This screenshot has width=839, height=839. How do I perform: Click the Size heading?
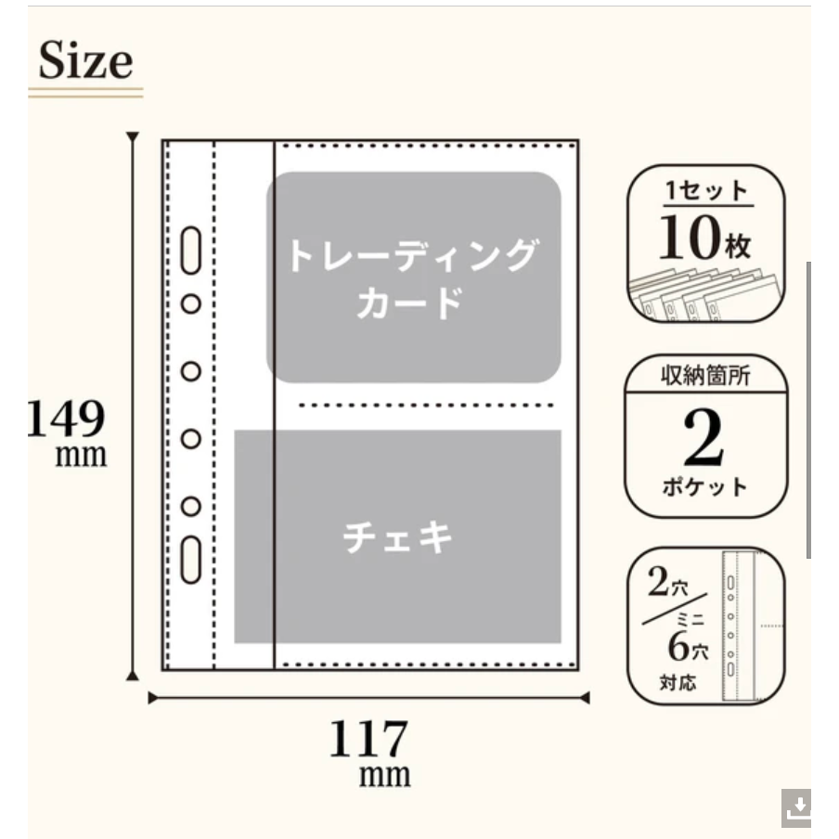pyautogui.click(x=85, y=60)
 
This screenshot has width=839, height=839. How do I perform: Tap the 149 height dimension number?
pyautogui.click(x=66, y=418)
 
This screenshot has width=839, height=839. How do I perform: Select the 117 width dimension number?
pyautogui.click(x=368, y=738)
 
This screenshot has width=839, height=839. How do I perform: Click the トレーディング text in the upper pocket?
pyautogui.click(x=412, y=255)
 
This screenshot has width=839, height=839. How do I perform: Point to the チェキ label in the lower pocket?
pyautogui.click(x=397, y=536)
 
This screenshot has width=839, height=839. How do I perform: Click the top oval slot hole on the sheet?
pyautogui.click(x=191, y=251)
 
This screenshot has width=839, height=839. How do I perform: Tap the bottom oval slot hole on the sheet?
pyautogui.click(x=191, y=560)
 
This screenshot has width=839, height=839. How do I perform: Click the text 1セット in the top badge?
pyautogui.click(x=706, y=191)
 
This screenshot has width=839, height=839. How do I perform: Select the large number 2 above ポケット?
pyautogui.click(x=703, y=438)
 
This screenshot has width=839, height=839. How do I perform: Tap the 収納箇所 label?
pyautogui.click(x=705, y=375)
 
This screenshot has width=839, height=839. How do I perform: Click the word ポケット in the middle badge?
pyautogui.click(x=704, y=486)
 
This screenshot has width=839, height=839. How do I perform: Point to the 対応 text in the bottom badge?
pyautogui.click(x=678, y=682)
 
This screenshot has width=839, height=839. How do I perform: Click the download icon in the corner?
pyautogui.click(x=796, y=807)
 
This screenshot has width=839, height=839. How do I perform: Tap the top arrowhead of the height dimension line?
pyautogui.click(x=132, y=136)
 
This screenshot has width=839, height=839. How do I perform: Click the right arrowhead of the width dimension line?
pyautogui.click(x=585, y=698)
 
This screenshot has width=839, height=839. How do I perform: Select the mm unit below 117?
pyautogui.click(x=384, y=774)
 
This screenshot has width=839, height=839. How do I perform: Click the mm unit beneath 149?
pyautogui.click(x=81, y=456)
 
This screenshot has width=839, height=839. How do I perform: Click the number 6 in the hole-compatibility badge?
pyautogui.click(x=678, y=646)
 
